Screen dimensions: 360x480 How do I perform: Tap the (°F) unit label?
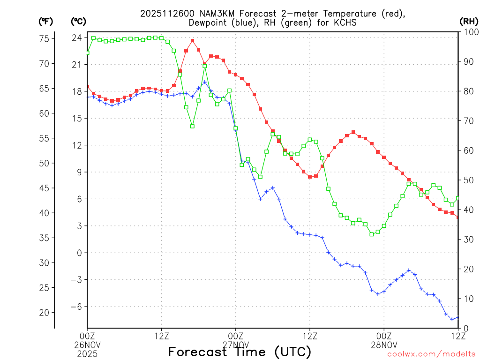tap(45, 21)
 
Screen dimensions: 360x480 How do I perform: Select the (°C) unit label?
tap(78, 21)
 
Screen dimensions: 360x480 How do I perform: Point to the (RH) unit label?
tap(468, 21)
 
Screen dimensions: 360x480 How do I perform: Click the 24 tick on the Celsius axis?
tap(77, 37)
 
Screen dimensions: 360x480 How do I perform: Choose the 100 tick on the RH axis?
tap(469, 32)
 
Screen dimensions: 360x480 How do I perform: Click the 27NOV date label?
tap(235, 344)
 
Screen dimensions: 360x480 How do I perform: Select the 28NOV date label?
tap(384, 344)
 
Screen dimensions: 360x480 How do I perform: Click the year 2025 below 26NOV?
tap(87, 352)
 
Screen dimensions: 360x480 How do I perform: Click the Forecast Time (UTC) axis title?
tap(240, 352)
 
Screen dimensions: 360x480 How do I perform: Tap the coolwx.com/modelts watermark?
tap(431, 354)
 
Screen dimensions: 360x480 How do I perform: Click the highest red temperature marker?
tap(192, 41)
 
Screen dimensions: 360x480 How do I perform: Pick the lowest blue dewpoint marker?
tap(452, 319)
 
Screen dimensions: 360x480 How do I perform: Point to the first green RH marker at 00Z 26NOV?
tap(87, 52)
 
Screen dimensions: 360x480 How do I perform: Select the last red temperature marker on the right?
tap(458, 217)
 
